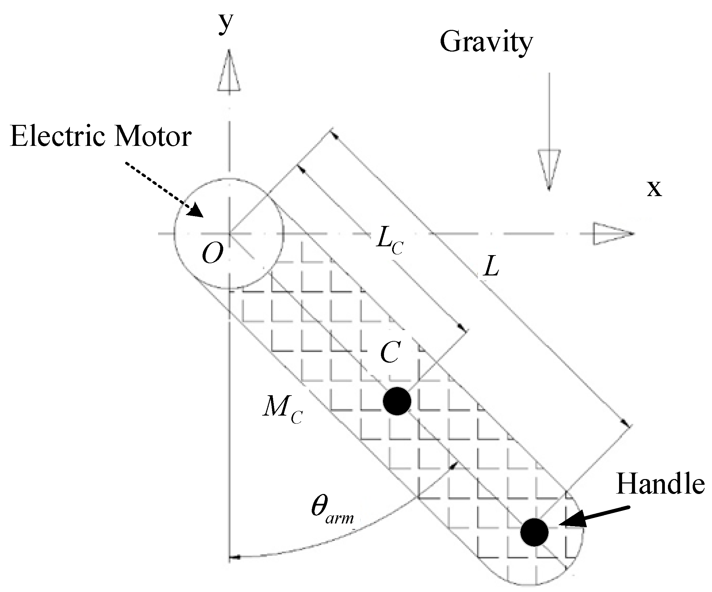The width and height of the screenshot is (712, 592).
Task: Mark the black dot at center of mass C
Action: tap(397, 401)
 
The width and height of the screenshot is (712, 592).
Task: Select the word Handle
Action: tap(660, 484)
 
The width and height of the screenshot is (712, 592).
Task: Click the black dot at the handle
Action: tap(534, 532)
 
